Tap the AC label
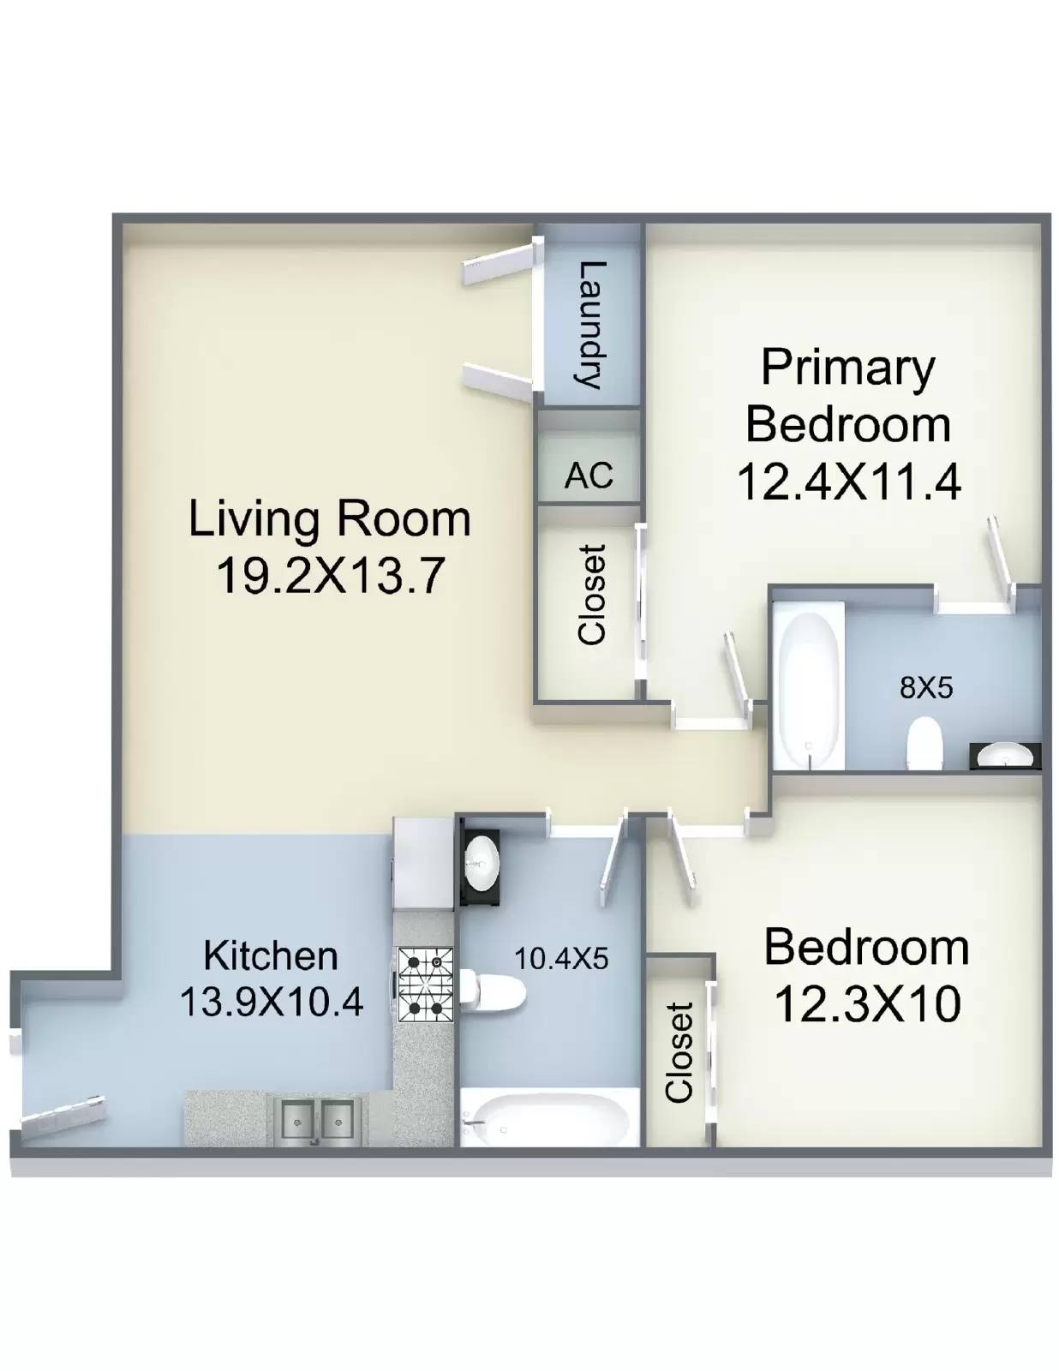click(x=589, y=475)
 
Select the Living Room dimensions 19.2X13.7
click(x=328, y=576)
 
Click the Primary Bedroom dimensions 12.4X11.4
click(x=848, y=482)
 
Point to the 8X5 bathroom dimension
click(x=926, y=688)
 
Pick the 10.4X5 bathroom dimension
click(x=561, y=958)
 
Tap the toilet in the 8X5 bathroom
click(x=924, y=745)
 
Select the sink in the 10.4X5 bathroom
click(x=481, y=863)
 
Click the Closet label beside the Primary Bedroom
click(x=593, y=595)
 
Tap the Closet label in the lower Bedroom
click(x=679, y=1052)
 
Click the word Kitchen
click(x=272, y=956)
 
